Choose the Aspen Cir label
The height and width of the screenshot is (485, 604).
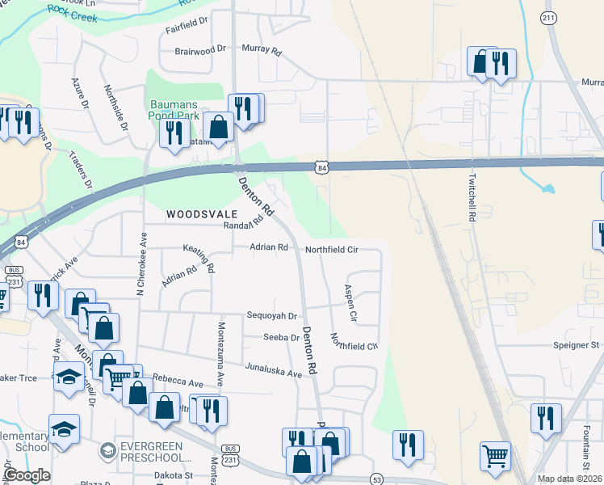351,300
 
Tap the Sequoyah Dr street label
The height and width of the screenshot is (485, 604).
272,317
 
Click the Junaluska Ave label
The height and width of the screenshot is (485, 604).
274,369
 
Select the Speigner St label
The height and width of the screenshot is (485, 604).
577,344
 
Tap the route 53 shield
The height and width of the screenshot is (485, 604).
376,479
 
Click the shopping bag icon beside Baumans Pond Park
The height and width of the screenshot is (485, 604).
219,125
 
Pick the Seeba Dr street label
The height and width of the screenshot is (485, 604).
281,337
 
